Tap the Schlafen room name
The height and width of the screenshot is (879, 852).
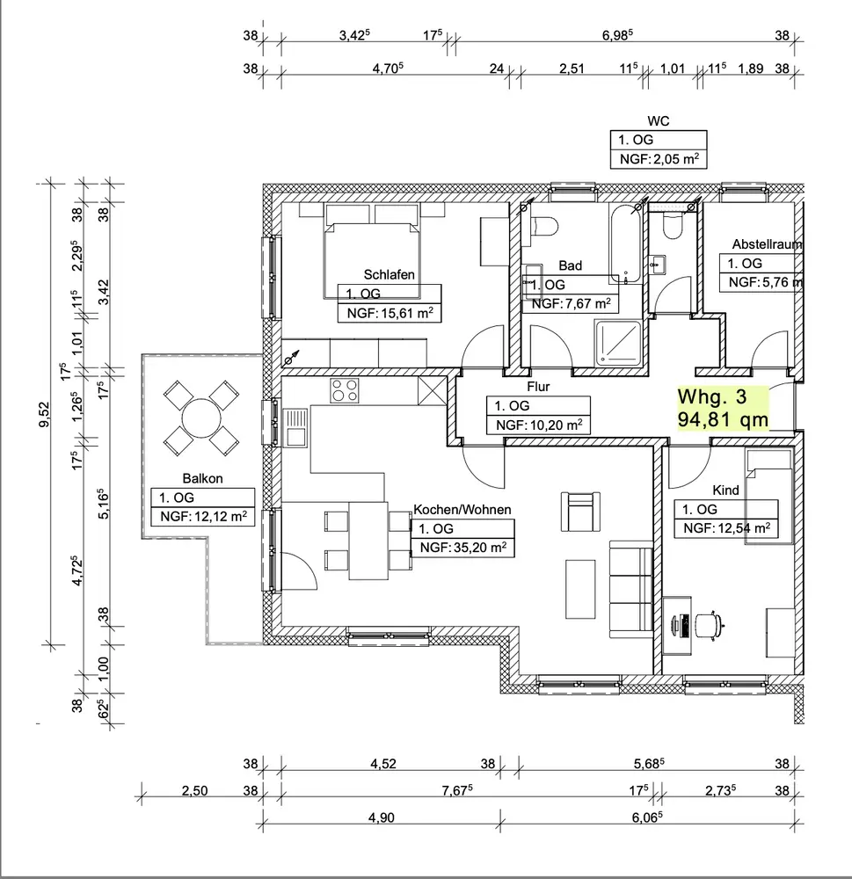coord(389,274)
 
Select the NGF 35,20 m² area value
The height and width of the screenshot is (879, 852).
coord(462,547)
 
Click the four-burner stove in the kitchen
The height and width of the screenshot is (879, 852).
coord(345,390)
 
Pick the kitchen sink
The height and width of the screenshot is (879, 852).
coord(295,427)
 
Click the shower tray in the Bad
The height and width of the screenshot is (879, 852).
coord(618,342)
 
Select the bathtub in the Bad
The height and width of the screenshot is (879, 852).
coord(625,243)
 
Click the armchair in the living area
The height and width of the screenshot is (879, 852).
coord(580,512)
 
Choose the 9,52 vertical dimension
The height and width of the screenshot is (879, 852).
coord(44,414)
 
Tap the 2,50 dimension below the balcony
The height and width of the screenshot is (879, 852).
coord(194,790)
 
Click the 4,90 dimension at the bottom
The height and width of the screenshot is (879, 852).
coord(382,817)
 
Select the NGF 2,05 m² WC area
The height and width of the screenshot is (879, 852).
coord(659,159)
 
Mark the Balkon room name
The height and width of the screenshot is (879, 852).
coord(202,478)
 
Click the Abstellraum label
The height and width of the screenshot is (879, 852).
coord(767,244)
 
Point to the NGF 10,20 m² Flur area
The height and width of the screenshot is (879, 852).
coord(539,425)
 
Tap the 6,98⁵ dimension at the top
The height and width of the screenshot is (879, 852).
coord(617,35)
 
